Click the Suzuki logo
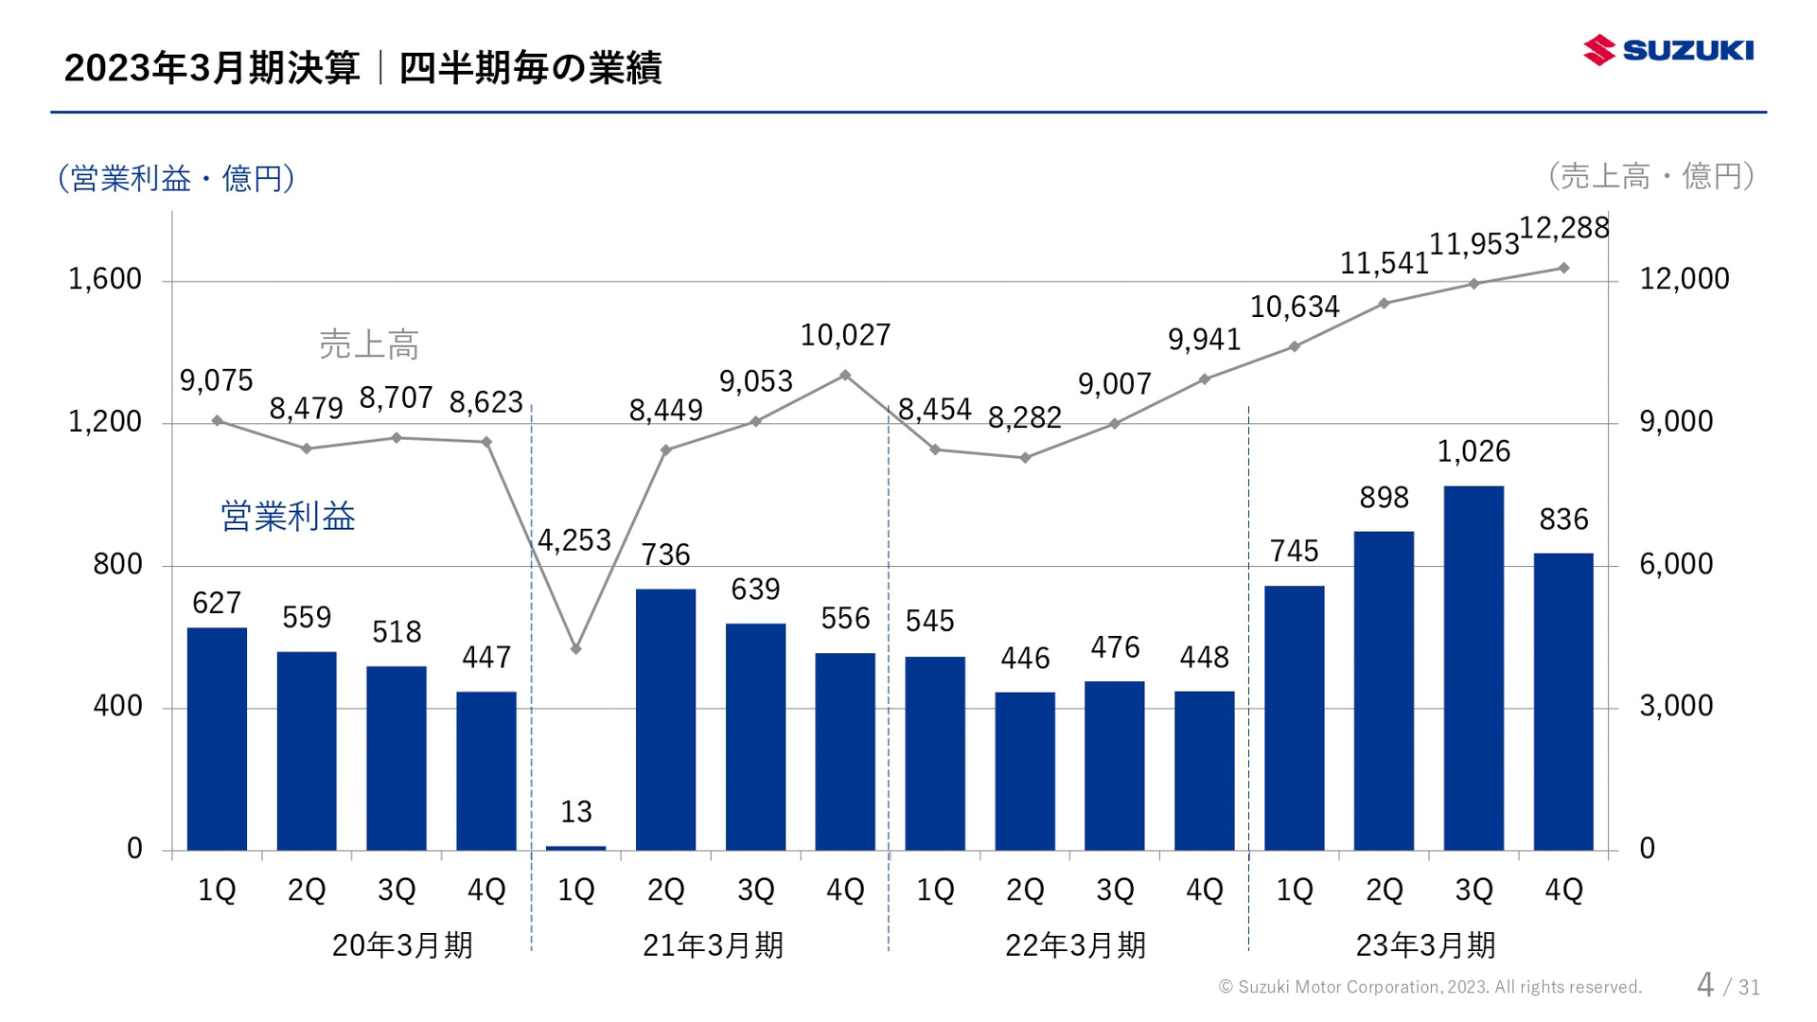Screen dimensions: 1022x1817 pyautogui.click(x=1667, y=49)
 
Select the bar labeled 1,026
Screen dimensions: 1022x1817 pyautogui.click(x=1473, y=667)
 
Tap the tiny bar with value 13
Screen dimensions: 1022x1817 pyautogui.click(x=575, y=847)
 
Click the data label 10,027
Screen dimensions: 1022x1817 pyautogui.click(x=845, y=335)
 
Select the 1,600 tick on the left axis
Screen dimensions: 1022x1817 pyautogui.click(x=104, y=279)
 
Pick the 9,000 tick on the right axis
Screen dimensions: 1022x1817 pyautogui.click(x=1676, y=421)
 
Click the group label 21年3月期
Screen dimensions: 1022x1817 pyautogui.click(x=713, y=944)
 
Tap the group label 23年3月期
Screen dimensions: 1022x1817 pyautogui.click(x=1425, y=944)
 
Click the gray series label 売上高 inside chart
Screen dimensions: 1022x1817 pyautogui.click(x=368, y=344)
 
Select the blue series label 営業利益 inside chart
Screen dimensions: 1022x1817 pyautogui.click(x=288, y=517)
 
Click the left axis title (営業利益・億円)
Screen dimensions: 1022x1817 pyautogui.click(x=176, y=178)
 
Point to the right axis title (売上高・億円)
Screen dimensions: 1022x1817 pyautogui.click(x=1651, y=176)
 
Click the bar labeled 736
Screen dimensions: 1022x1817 pyautogui.click(x=665, y=719)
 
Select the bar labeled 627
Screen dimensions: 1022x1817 pyautogui.click(x=217, y=738)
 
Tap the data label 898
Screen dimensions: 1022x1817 pyautogui.click(x=1384, y=498)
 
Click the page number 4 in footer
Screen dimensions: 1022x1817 pyautogui.click(x=1704, y=985)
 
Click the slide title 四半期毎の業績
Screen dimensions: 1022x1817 pyautogui.click(x=530, y=68)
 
